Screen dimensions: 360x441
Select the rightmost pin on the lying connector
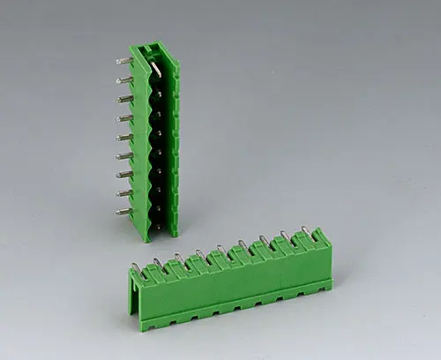coord(306,231)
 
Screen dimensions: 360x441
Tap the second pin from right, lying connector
coord(284,236)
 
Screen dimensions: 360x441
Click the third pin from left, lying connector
coord(178,258)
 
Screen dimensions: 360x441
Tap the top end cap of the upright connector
coord(150,47)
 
